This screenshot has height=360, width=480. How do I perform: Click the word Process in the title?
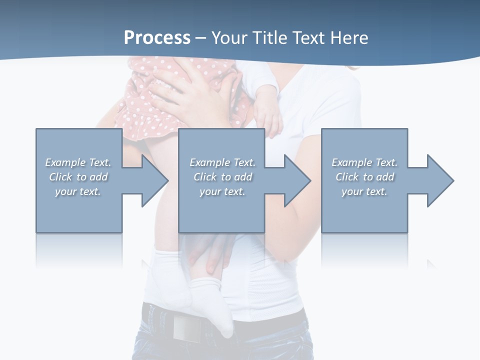[157, 37]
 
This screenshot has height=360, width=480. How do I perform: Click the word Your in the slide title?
[231, 37]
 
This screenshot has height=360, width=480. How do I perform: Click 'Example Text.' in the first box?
[78, 162]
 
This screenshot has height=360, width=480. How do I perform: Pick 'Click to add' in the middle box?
[222, 177]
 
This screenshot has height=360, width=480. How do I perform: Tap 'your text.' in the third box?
[364, 191]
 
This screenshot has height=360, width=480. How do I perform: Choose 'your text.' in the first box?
[78, 191]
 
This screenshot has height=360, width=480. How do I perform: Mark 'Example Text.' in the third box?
[364, 162]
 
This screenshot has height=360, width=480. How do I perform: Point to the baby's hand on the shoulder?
[268, 120]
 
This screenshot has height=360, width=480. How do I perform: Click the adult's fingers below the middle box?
[210, 255]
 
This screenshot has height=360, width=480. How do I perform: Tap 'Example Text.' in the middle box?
[222, 162]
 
